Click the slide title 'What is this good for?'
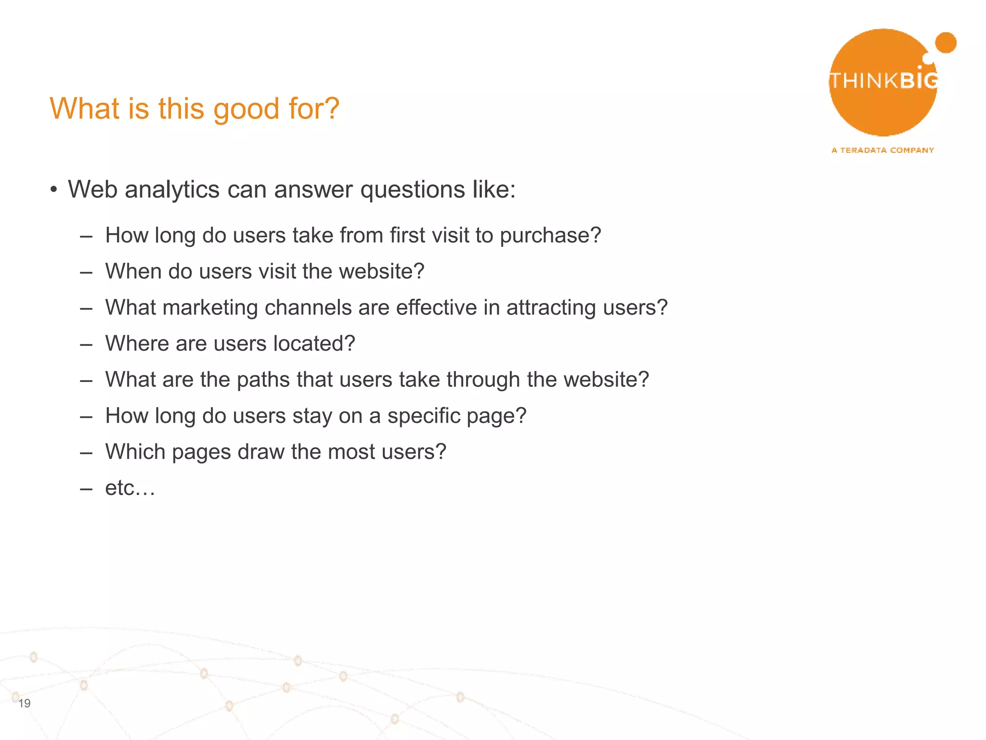pos(195,108)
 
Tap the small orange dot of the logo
pos(946,43)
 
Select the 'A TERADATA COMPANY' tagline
pos(882,150)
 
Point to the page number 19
pos(25,703)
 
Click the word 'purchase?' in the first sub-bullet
pos(550,236)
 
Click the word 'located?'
pos(314,344)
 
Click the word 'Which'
pos(135,452)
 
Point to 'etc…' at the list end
pos(130,488)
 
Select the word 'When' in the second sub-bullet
pos(133,271)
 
